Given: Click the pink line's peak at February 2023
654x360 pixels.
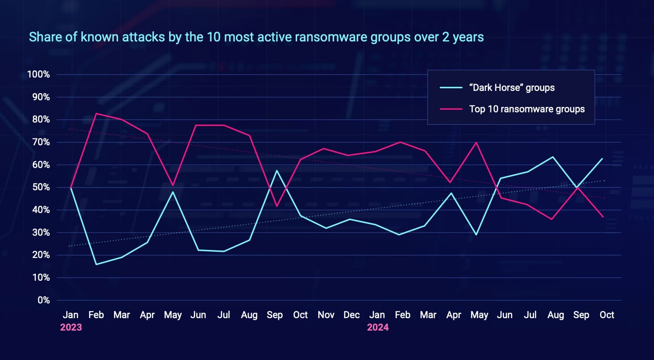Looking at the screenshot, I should click(96, 114).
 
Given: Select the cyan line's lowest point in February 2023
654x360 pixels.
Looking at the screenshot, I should click(96, 264).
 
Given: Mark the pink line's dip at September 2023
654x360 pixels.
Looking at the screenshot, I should click(277, 206).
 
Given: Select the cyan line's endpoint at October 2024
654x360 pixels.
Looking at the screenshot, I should click(603, 159).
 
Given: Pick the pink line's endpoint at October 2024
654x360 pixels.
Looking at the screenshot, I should click(603, 217).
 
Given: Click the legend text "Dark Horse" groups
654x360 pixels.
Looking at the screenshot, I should click(512, 88).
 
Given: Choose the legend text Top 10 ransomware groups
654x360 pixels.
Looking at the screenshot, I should click(527, 109).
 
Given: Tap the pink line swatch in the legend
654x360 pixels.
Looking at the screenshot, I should click(451, 109).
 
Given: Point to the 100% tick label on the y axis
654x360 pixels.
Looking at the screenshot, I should click(38, 74).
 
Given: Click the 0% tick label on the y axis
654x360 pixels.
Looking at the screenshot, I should click(43, 300).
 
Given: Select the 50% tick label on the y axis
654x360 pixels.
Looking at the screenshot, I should click(41, 187).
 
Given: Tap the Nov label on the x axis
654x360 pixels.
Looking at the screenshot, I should click(326, 315).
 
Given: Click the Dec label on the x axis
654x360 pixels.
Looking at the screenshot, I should click(352, 315).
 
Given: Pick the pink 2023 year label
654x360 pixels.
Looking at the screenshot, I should click(71, 327).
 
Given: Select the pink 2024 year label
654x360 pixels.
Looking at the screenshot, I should click(378, 327).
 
